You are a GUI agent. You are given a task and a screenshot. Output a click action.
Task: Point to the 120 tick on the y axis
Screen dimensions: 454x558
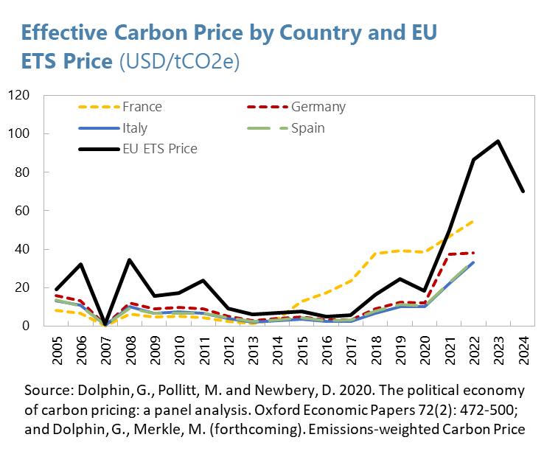click(x=18, y=96)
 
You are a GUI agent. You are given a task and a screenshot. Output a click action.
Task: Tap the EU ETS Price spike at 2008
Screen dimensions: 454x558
click(x=130, y=259)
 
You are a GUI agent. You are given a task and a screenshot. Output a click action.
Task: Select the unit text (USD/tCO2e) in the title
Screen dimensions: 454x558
click(x=179, y=62)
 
